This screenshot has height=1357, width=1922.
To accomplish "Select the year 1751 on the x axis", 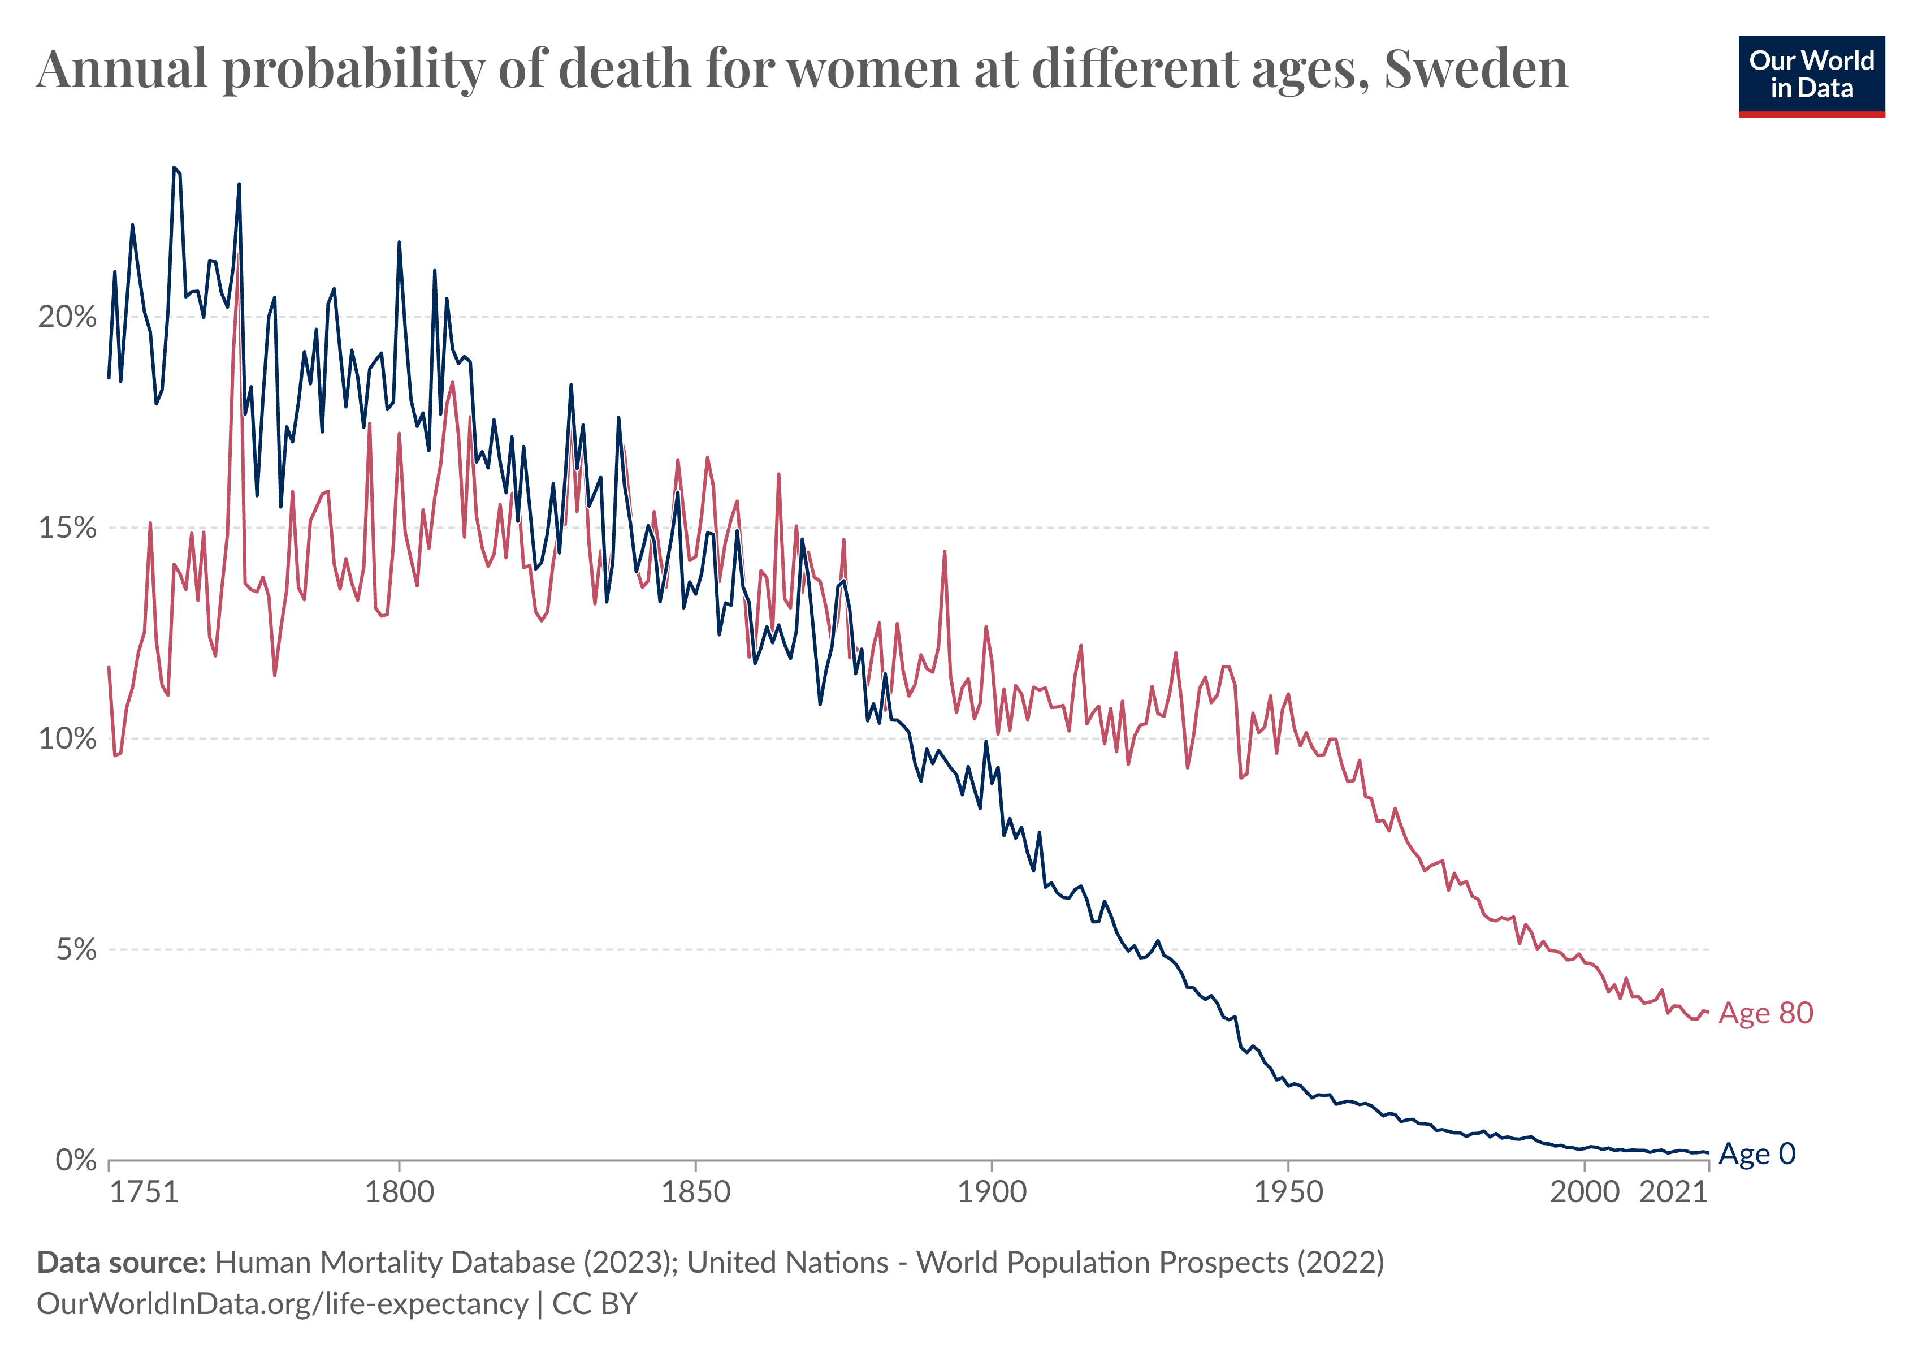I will pyautogui.click(x=144, y=1191).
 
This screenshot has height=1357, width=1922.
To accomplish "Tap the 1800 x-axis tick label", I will pyautogui.click(x=399, y=1191).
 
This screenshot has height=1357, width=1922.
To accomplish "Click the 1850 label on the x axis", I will pyautogui.click(x=696, y=1191).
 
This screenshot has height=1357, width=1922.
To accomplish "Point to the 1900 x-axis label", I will pyautogui.click(x=992, y=1191).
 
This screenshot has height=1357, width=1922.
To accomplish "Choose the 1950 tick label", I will pyautogui.click(x=1288, y=1191).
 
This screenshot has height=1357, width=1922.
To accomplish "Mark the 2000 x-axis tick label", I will pyautogui.click(x=1585, y=1191).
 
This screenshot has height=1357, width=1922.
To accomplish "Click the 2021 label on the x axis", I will pyautogui.click(x=1673, y=1191).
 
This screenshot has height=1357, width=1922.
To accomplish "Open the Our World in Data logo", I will pyautogui.click(x=1812, y=75).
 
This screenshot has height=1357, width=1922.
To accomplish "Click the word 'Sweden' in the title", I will pyautogui.click(x=1476, y=68).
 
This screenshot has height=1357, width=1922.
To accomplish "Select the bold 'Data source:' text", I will pyautogui.click(x=122, y=1263).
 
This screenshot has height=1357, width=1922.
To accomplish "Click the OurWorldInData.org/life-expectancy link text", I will pyautogui.click(x=282, y=1304).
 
